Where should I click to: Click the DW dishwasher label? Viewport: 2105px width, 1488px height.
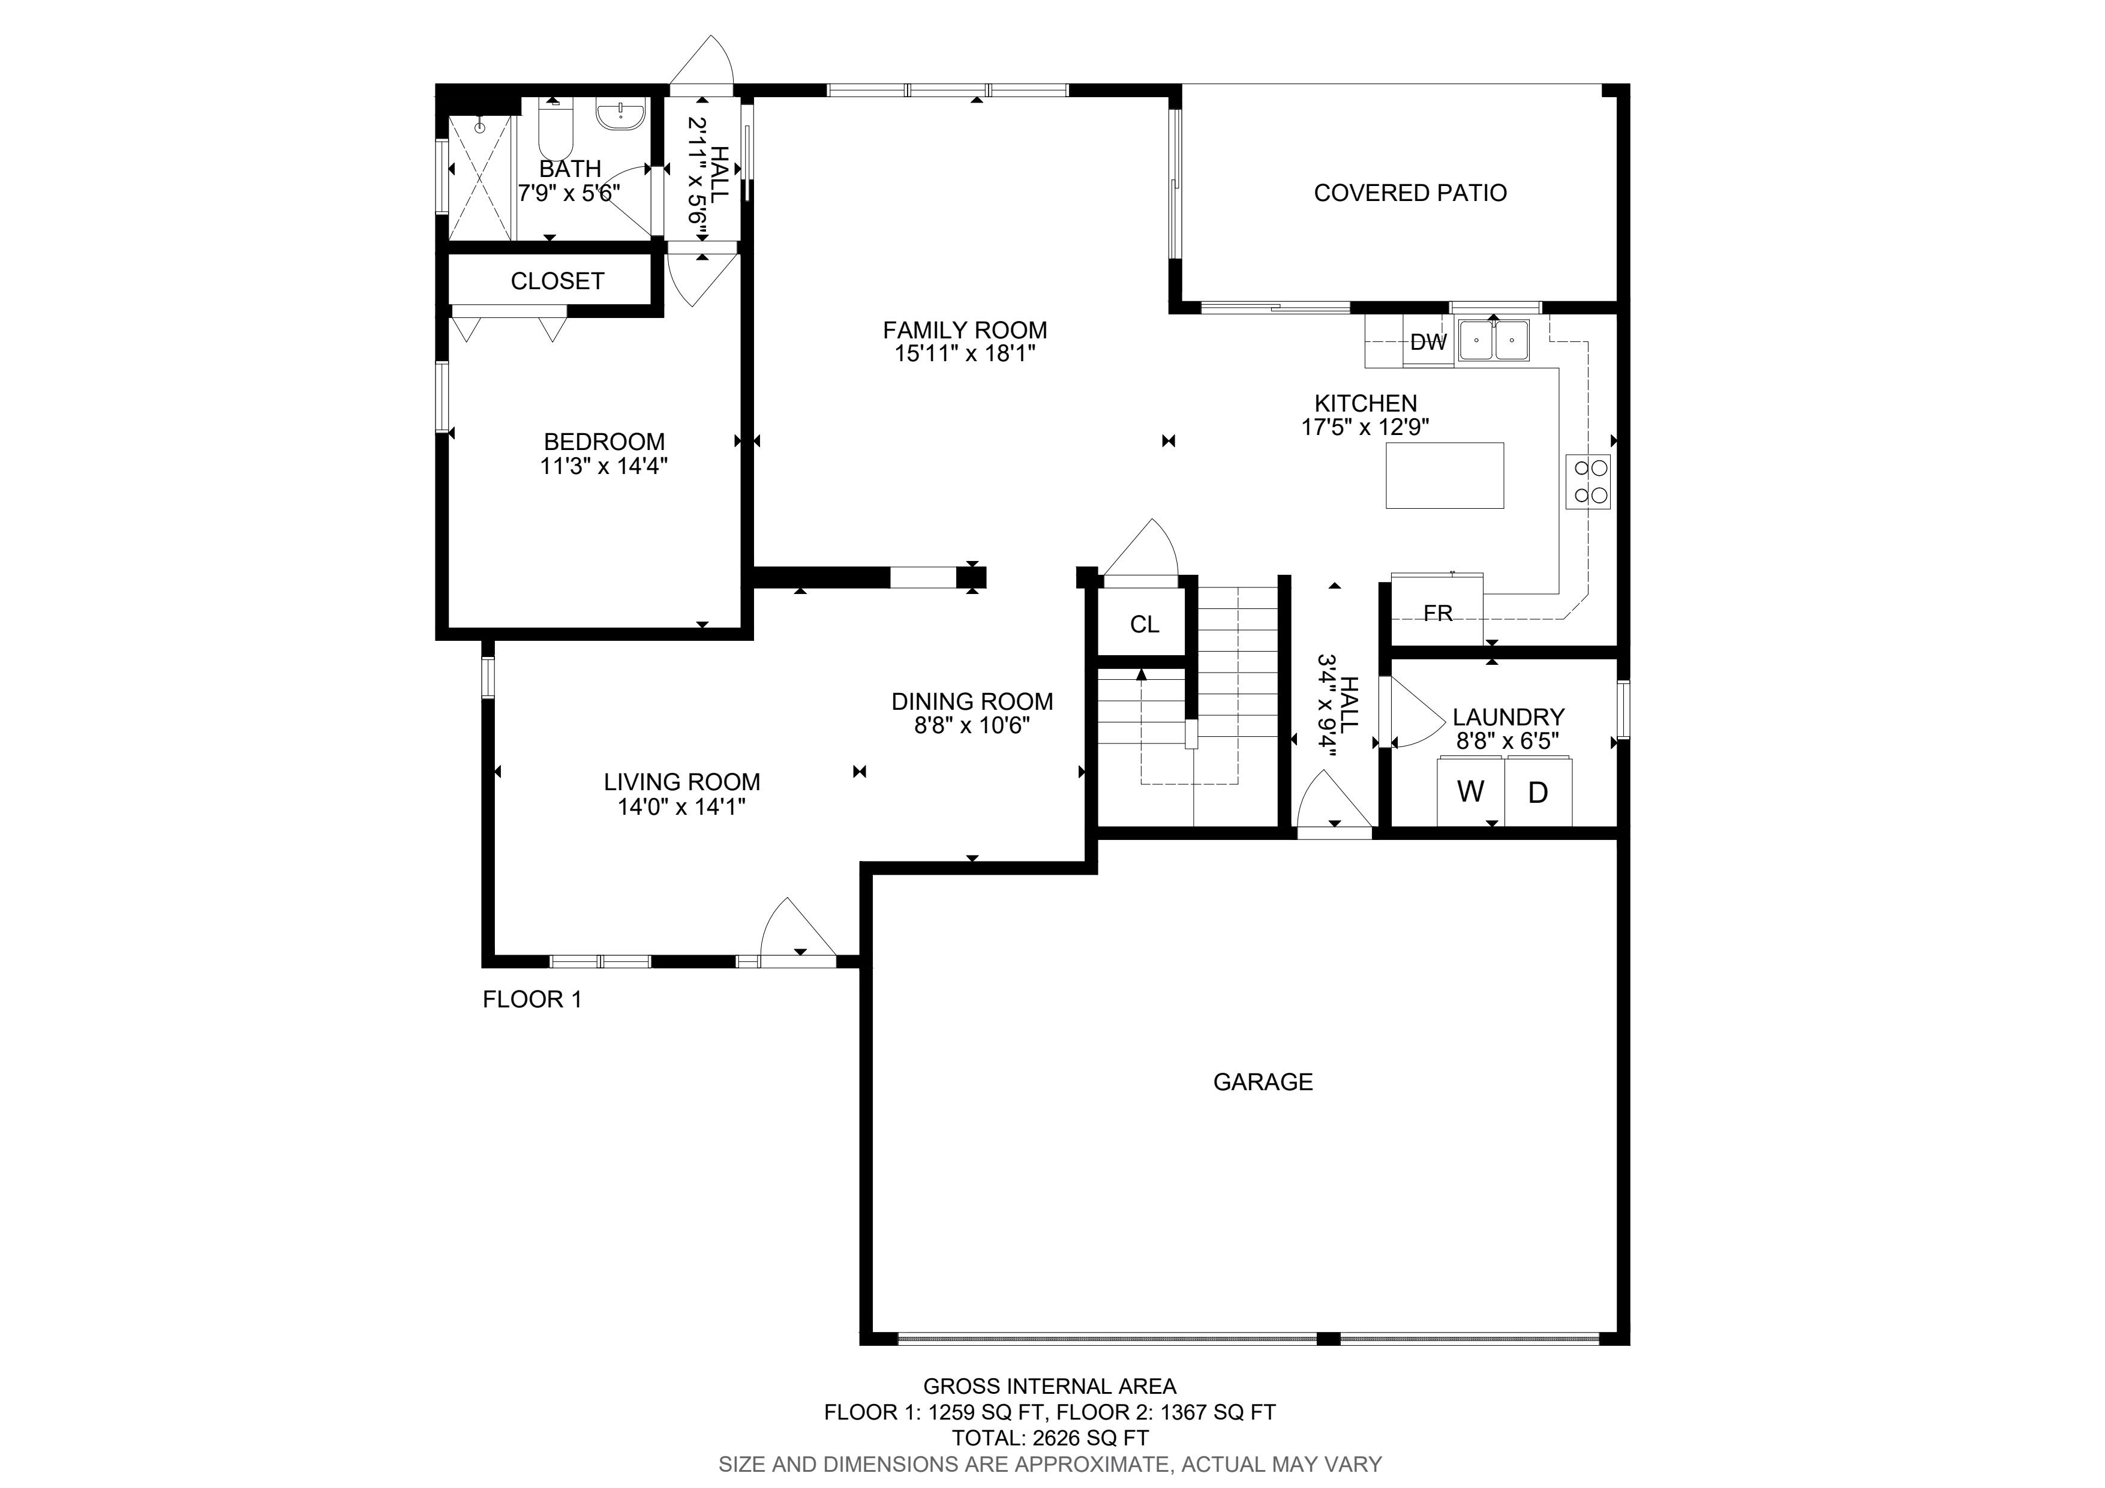point(1428,343)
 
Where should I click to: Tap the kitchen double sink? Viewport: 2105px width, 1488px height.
point(1494,340)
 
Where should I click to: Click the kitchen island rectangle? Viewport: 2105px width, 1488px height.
point(1444,475)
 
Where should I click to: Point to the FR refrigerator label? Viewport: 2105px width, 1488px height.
point(1437,613)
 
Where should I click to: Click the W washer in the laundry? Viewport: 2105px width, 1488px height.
point(1470,791)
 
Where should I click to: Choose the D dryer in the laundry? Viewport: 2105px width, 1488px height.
point(1538,792)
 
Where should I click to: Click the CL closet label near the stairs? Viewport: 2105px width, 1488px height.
point(1144,625)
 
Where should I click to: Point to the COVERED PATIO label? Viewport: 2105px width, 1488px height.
point(1410,193)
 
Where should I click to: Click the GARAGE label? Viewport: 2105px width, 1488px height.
point(1262,1082)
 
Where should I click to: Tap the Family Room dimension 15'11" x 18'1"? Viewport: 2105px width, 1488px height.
point(965,354)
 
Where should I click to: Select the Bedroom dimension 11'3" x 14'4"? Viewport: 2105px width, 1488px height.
point(603,466)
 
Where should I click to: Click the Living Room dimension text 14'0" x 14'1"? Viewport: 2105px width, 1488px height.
point(681,807)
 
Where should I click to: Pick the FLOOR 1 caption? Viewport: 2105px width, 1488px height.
point(531,1000)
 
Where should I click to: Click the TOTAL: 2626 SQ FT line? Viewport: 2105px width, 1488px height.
point(1050,1438)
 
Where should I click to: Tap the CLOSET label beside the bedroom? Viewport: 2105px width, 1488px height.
point(557,281)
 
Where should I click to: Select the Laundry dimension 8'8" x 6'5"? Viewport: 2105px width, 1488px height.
point(1508,741)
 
